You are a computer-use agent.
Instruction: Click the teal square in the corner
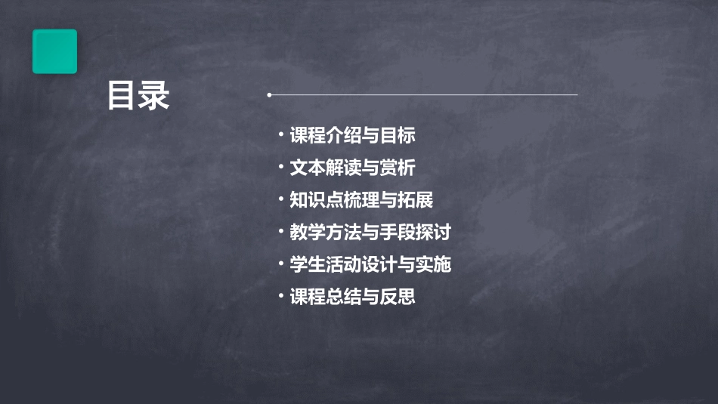pyautogui.click(x=54, y=51)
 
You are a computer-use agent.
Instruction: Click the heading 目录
pyautogui.click(x=138, y=97)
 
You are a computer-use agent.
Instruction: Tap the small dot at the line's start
pyautogui.click(x=269, y=95)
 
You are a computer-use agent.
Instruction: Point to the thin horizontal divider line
pyautogui.click(x=423, y=95)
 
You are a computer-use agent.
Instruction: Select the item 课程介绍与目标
pyautogui.click(x=352, y=136)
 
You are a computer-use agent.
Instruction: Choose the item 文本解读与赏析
pyautogui.click(x=352, y=168)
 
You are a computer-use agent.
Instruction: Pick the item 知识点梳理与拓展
pyautogui.click(x=361, y=200)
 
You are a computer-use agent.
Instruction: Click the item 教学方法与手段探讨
pyautogui.click(x=370, y=232)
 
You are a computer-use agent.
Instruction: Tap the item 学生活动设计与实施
pyautogui.click(x=370, y=264)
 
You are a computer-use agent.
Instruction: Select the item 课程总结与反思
pyautogui.click(x=352, y=297)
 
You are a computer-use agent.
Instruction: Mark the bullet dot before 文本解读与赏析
pyautogui.click(x=280, y=166)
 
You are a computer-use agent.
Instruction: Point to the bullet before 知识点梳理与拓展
pyautogui.click(x=280, y=199)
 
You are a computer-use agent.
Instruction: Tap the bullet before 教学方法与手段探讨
pyautogui.click(x=280, y=230)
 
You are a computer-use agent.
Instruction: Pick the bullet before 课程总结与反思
pyautogui.click(x=280, y=295)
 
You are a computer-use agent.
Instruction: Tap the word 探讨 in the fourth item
pyautogui.click(x=434, y=232)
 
